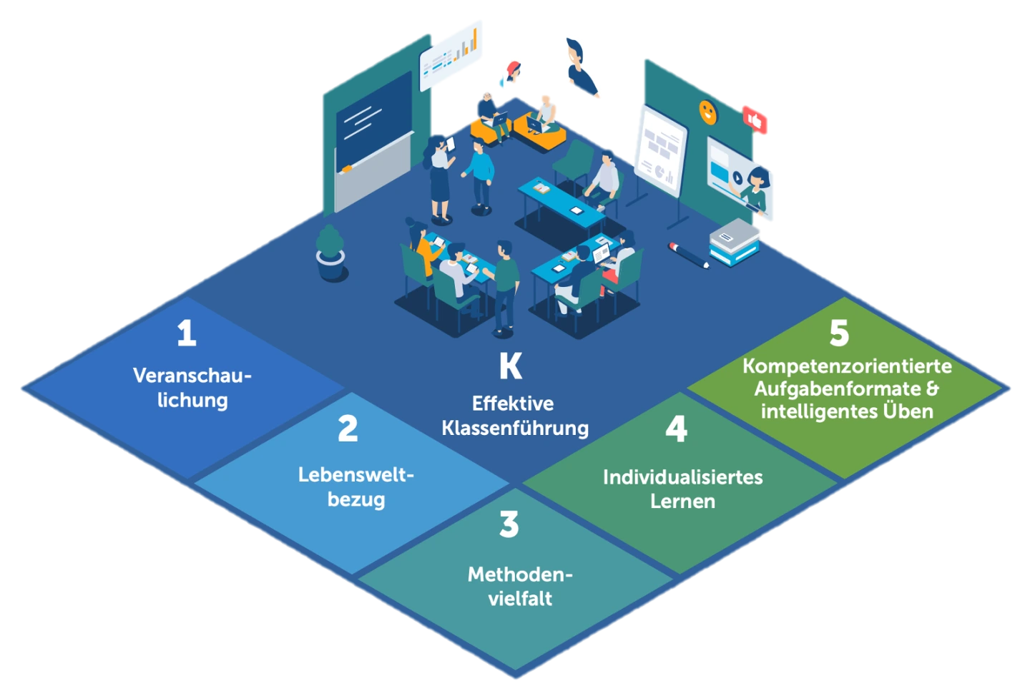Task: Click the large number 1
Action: pyautogui.click(x=187, y=333)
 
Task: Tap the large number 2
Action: pyautogui.click(x=348, y=429)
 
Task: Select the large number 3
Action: pyautogui.click(x=509, y=524)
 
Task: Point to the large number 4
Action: pyautogui.click(x=676, y=429)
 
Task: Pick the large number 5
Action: pyautogui.click(x=839, y=333)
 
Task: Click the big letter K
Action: pyautogui.click(x=511, y=366)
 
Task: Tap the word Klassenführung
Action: pyautogui.click(x=515, y=428)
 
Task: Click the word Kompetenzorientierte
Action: pyautogui.click(x=847, y=366)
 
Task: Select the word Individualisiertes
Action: pyautogui.click(x=682, y=477)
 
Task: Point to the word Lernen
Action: pyautogui.click(x=682, y=501)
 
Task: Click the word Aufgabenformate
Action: pyautogui.click(x=838, y=389)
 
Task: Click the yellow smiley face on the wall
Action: pyautogui.click(x=707, y=112)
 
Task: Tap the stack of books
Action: pyautogui.click(x=735, y=242)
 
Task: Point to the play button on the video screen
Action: pyautogui.click(x=737, y=176)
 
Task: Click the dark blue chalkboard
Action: pyautogui.click(x=373, y=124)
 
